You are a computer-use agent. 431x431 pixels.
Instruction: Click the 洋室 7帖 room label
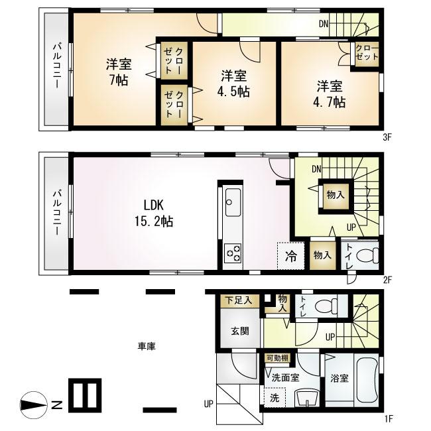click(119, 72)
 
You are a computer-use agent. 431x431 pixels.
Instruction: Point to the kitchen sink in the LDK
click(233, 202)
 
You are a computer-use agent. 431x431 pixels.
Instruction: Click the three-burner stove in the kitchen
click(233, 253)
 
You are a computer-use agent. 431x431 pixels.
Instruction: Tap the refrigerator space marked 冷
click(290, 255)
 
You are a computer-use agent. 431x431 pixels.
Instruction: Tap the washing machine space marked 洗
click(273, 399)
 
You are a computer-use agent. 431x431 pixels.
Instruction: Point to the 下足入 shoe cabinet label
click(239, 300)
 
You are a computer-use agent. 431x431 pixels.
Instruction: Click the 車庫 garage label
click(147, 346)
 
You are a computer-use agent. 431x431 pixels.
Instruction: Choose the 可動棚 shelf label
click(277, 359)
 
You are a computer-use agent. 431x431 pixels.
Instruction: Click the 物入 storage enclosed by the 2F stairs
click(335, 194)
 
